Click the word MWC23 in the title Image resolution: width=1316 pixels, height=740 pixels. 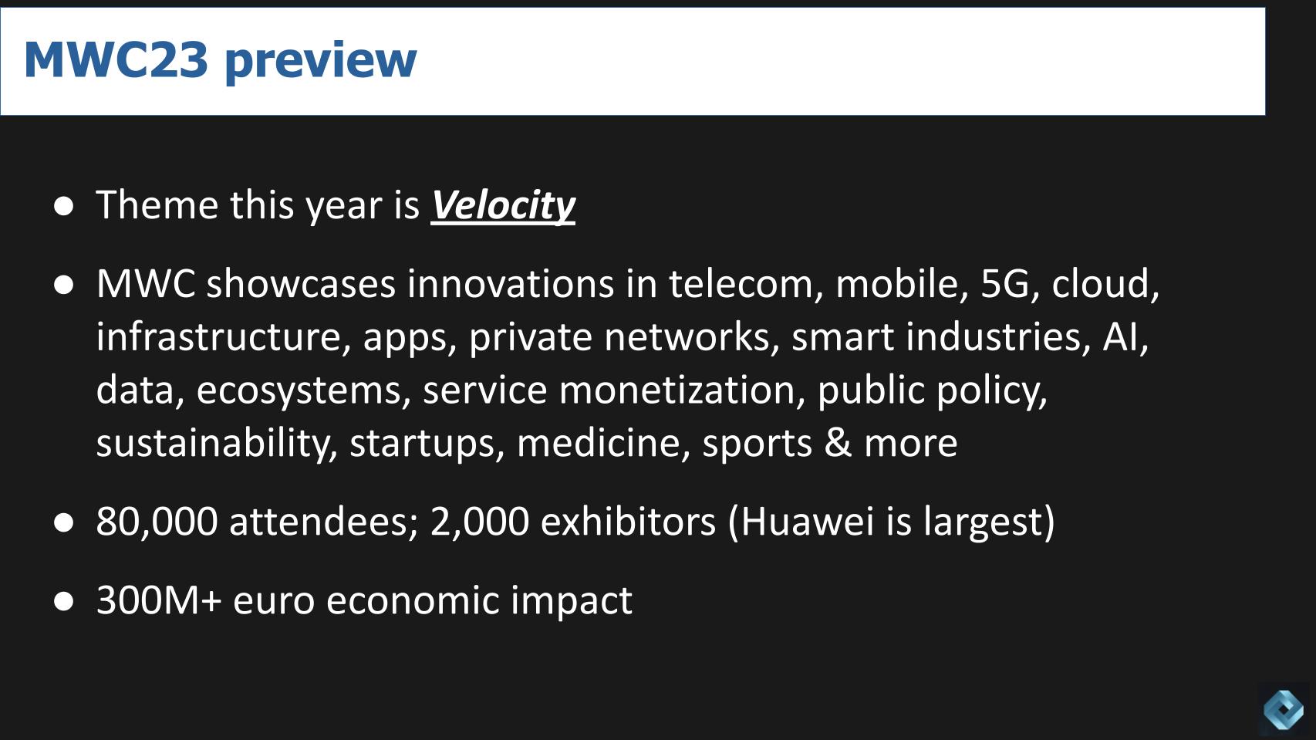pos(116,59)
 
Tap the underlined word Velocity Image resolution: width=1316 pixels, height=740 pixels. pos(502,205)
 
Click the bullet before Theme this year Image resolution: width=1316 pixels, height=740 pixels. pos(64,206)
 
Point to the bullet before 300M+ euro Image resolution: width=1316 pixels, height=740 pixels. pos(64,601)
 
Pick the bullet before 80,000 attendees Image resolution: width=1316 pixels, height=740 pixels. pos(64,522)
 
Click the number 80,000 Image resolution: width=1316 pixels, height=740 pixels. pos(157,522)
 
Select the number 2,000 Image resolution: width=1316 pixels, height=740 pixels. pos(479,522)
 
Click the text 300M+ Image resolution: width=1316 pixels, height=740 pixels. pos(159,600)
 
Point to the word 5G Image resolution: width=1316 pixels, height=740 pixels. pos(1004,284)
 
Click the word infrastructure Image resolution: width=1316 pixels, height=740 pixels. pos(218,337)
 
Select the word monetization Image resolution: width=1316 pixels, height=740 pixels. pos(677,390)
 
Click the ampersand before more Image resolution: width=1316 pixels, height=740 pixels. pos(838,443)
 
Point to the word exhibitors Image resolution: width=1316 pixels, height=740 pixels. pos(628,522)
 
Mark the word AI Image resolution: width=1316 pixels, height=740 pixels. pos(1122,337)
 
